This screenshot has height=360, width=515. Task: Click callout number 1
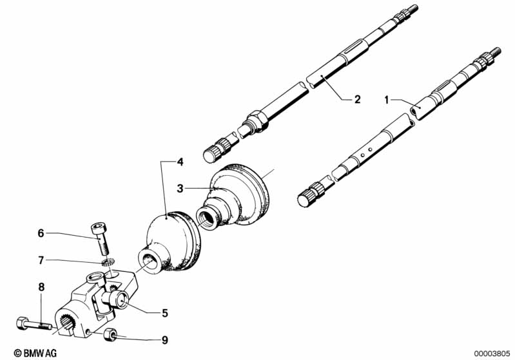pos(387,99)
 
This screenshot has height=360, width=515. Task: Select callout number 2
pos(357,99)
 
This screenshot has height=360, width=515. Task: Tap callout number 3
pos(181,188)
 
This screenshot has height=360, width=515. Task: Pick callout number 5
pos(165,313)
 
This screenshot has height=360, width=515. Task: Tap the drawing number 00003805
pos(492,353)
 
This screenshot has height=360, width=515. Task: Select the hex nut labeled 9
pos(110,333)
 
